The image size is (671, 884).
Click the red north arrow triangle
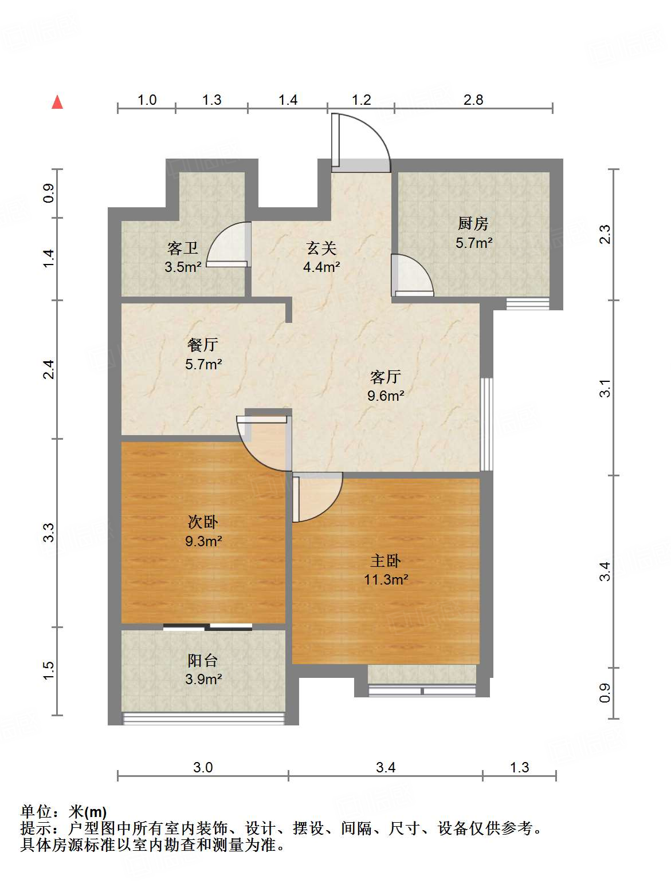tap(57, 102)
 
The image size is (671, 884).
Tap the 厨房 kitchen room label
tap(473, 223)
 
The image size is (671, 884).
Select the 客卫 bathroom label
tap(183, 248)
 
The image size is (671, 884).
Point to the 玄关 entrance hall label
tap(321, 248)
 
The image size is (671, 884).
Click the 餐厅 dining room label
tap(203, 345)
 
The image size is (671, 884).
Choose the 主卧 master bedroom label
tap(385, 561)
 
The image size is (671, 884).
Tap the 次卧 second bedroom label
tap(203, 522)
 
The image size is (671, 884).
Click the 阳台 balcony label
tap(203, 661)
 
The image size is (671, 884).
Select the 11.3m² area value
tap(386, 580)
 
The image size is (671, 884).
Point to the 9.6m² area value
tap(386, 396)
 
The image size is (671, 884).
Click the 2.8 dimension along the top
tap(473, 100)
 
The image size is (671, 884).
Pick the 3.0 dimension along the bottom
tap(203, 768)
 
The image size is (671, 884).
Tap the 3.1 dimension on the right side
tap(605, 388)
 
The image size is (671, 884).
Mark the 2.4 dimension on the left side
tap(48, 369)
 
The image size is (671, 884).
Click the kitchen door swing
tap(412, 275)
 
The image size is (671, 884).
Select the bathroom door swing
tap(229, 244)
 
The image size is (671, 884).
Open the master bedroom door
tap(317, 498)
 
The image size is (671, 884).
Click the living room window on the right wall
tap(486, 424)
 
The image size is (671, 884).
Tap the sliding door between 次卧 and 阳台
tap(207, 627)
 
